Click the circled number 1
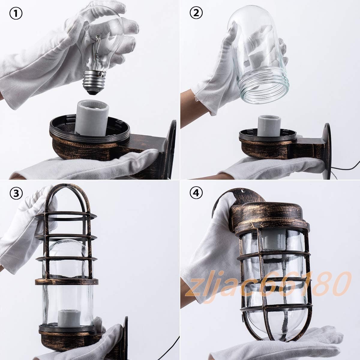pos(16,14)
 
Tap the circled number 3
pos(16,193)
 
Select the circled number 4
pos(196,193)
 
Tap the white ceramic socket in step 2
pos(269,126)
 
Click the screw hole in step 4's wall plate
pos(243,191)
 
